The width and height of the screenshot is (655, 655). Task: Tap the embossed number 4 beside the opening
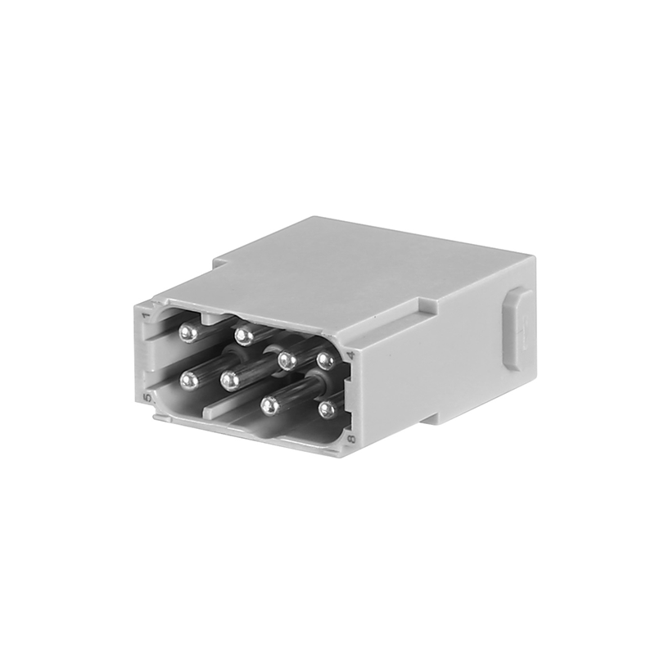[350, 355]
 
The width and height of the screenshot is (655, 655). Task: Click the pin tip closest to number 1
[188, 332]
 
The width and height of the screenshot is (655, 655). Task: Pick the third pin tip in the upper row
[286, 359]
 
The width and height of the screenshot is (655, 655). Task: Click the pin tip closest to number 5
[190, 379]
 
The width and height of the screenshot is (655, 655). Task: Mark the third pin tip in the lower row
[271, 404]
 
